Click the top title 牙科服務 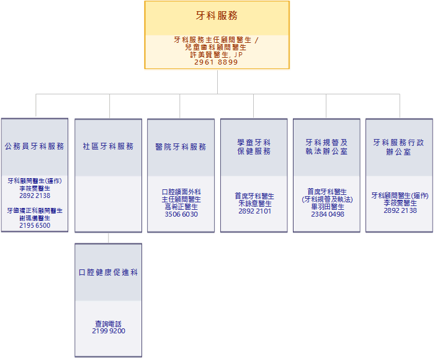coord(217,16)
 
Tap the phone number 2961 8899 coord(216,62)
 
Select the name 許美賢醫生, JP coord(217,55)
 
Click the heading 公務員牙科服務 coord(34,146)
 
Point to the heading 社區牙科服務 coord(108,146)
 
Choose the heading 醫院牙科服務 coord(181,147)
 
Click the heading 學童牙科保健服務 coord(254,147)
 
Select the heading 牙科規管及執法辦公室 coord(326,147)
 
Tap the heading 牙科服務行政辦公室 coord(398,147)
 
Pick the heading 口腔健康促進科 coord(108,272)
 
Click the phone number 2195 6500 coord(35,225)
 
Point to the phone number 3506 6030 coord(181,214)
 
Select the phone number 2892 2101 coord(254,211)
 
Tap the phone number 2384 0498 coord(328,214)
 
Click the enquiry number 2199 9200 coord(109,331)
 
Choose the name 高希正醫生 coord(181,207)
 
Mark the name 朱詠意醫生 coord(254,204)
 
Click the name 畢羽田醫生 coord(328,207)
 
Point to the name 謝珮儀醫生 coord(35,218)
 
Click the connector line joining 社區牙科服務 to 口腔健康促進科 coord(109,238)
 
